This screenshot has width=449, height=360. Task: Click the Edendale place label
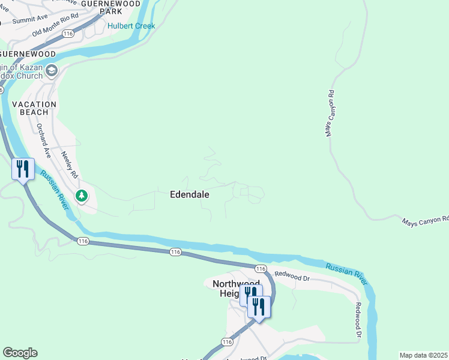(190, 194)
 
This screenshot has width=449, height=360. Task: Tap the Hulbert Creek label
(131, 26)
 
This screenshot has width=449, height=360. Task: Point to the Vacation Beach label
(34, 108)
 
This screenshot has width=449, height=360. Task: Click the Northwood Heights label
(237, 288)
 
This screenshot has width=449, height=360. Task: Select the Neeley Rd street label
(70, 164)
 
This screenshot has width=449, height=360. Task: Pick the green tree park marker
(81, 196)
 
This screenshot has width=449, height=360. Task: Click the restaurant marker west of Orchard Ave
(23, 169)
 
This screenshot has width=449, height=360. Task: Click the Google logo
(20, 353)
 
